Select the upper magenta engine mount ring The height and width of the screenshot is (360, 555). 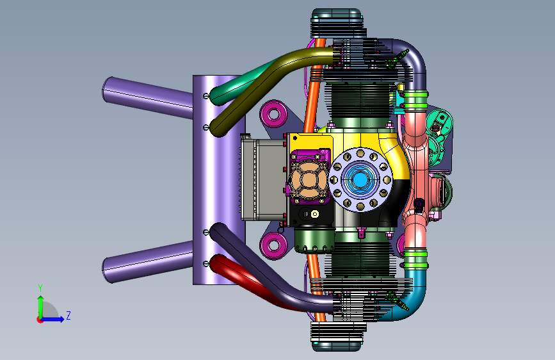[x=273, y=114]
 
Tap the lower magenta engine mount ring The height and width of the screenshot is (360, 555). [x=273, y=245]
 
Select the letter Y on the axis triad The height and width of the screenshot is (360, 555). [x=40, y=288]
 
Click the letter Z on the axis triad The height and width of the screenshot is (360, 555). [x=68, y=315]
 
